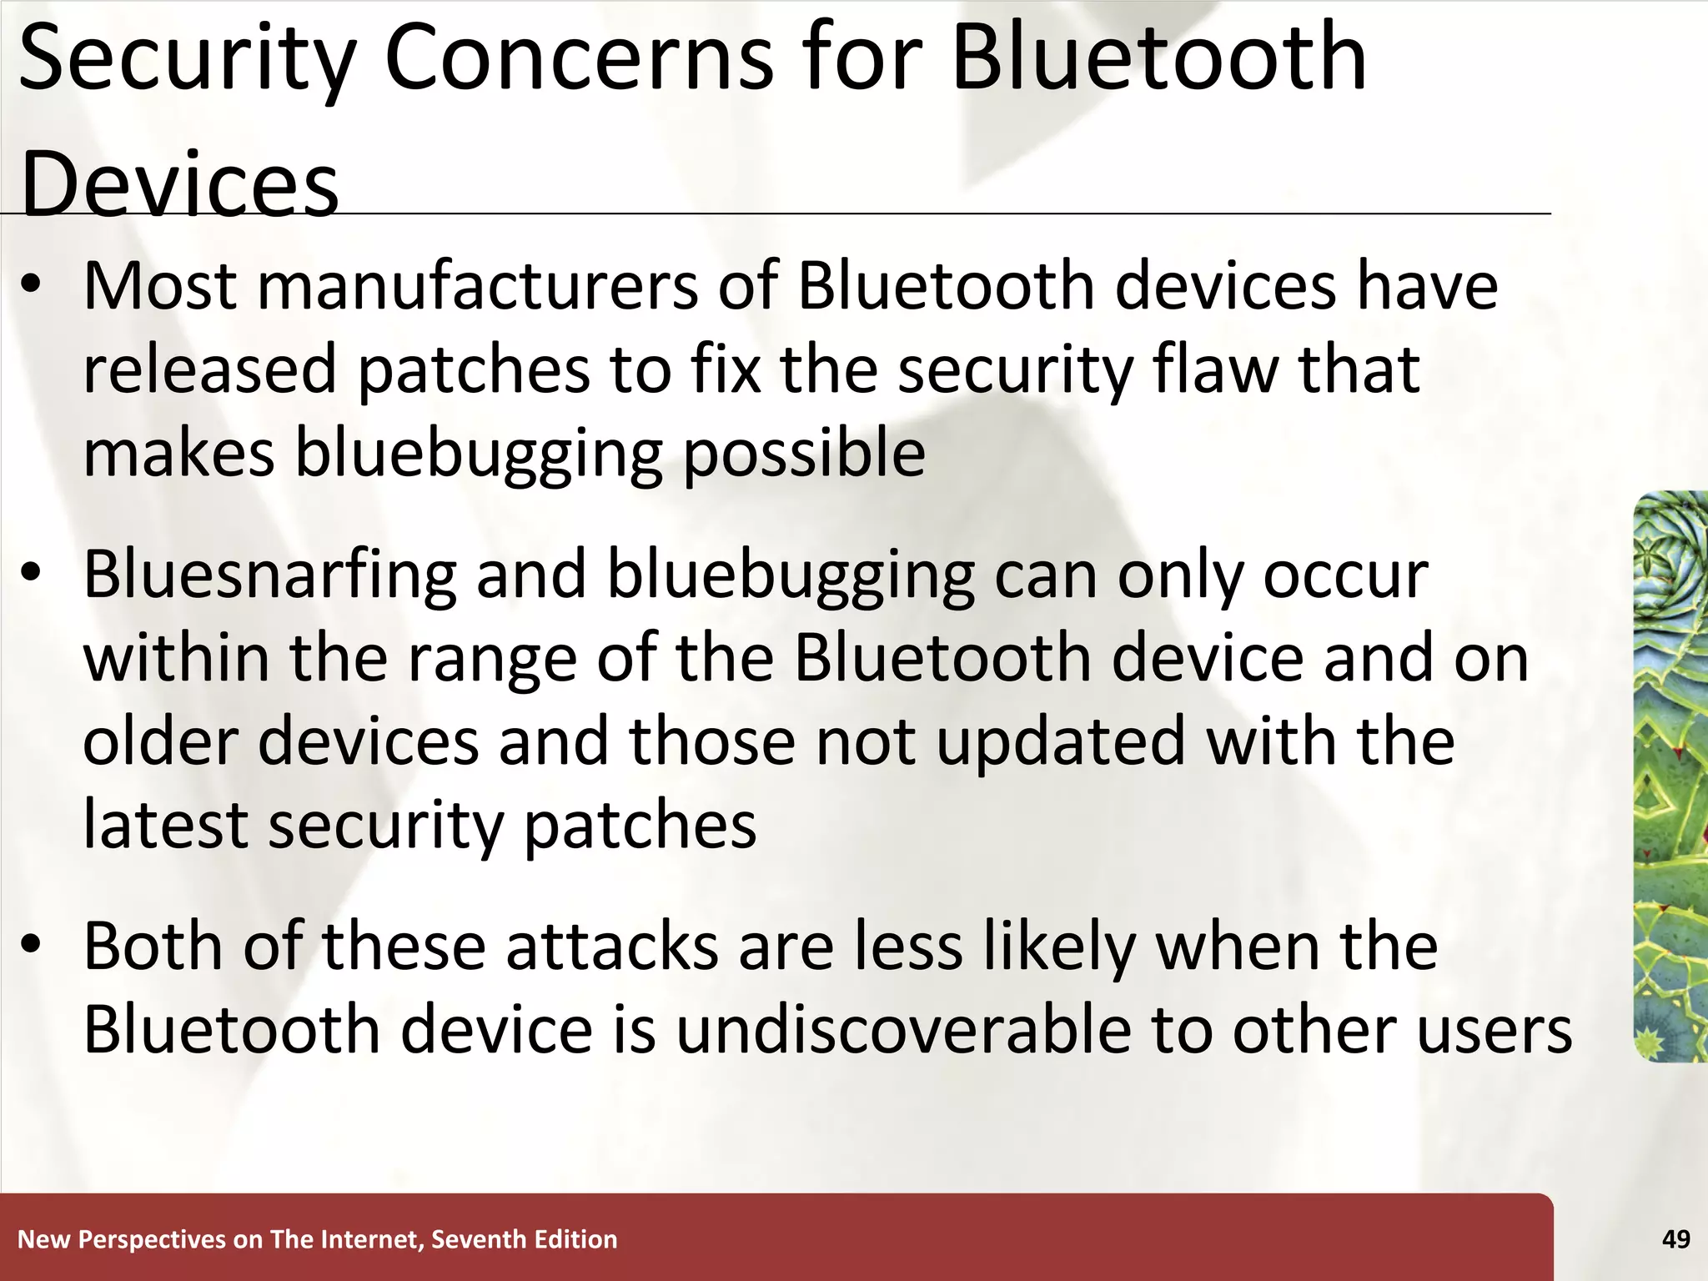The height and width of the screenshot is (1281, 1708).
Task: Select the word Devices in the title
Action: pyautogui.click(x=179, y=183)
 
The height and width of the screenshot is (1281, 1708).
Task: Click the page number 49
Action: pyautogui.click(x=1675, y=1239)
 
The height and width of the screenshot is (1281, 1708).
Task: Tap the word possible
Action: pyautogui.click(x=804, y=455)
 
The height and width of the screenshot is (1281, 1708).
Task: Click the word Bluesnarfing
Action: pyautogui.click(x=270, y=575)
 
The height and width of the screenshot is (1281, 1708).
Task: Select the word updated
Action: pyautogui.click(x=1061, y=742)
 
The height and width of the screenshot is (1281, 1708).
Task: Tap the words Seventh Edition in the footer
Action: pyautogui.click(x=525, y=1239)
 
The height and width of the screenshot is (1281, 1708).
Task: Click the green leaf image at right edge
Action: pyautogui.click(x=1670, y=776)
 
